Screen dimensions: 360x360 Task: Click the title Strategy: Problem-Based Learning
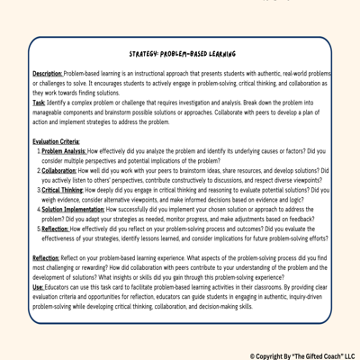pos(183,55)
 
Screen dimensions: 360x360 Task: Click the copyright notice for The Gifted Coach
pos(302,355)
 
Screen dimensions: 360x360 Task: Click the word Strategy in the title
pos(145,55)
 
